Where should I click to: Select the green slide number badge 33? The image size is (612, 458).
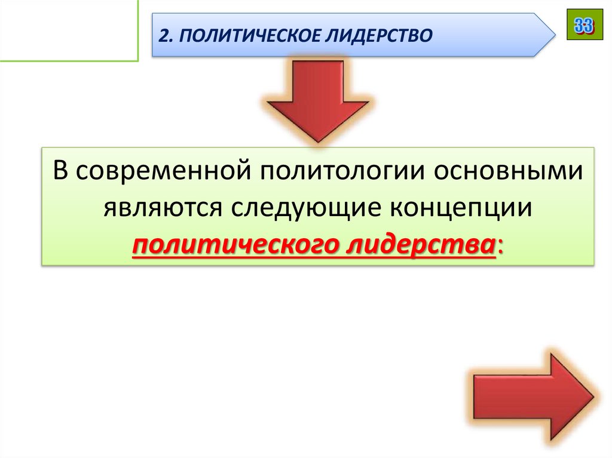point(585,25)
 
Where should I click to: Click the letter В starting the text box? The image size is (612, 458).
point(62,172)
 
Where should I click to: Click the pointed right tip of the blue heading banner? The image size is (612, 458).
point(553,35)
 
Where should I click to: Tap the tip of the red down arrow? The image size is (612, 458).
point(317,141)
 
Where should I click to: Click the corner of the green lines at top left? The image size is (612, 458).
point(137,60)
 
